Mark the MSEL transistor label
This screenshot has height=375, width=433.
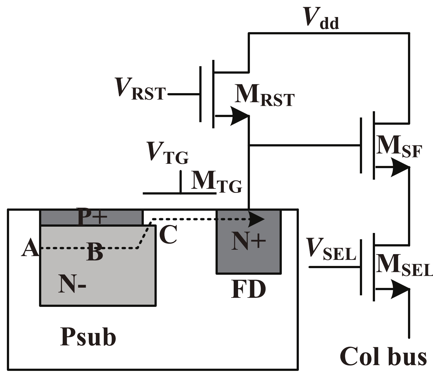coord(403,265)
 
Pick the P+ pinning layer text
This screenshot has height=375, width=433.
coord(92,217)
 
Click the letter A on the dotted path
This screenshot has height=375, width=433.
coord(30,247)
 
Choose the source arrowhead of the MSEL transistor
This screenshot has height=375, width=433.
coord(400,289)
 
